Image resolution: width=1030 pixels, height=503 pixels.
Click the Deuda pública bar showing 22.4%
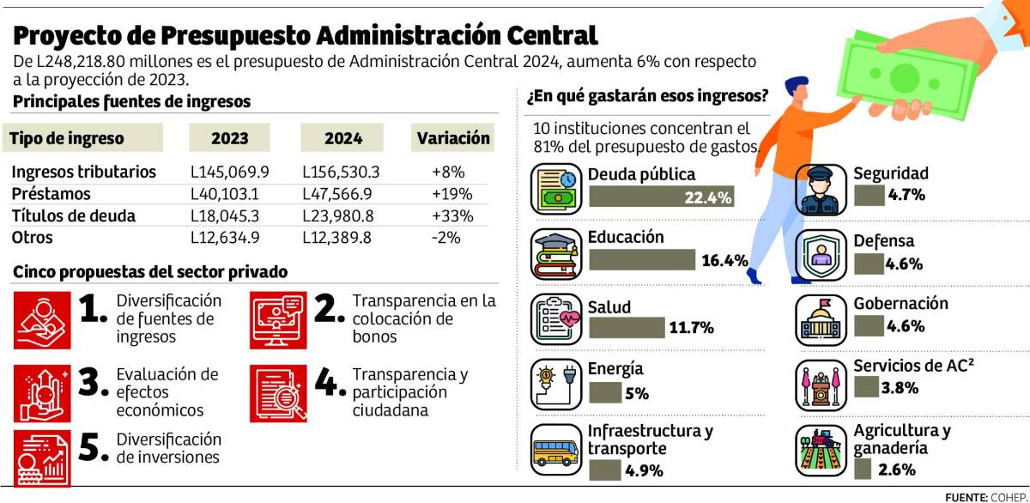[661, 198]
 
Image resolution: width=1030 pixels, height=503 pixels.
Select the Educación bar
[642, 260]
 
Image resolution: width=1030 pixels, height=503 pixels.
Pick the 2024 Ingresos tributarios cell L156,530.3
[342, 172]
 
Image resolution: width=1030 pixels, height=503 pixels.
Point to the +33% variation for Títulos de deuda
[446, 215]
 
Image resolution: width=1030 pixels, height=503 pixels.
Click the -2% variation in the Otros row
[446, 238]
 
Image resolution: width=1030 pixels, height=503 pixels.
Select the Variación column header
[453, 138]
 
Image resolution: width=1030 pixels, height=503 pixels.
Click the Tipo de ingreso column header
[67, 138]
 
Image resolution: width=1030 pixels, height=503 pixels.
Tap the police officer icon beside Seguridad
[820, 191]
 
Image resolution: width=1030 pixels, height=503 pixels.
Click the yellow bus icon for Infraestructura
[555, 452]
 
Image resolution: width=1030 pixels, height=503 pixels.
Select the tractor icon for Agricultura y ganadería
[820, 451]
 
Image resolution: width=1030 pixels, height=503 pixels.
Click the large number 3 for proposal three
[92, 385]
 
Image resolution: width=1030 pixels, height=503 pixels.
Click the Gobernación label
[900, 304]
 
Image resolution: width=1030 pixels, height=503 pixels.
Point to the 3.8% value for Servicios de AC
[900, 388]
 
